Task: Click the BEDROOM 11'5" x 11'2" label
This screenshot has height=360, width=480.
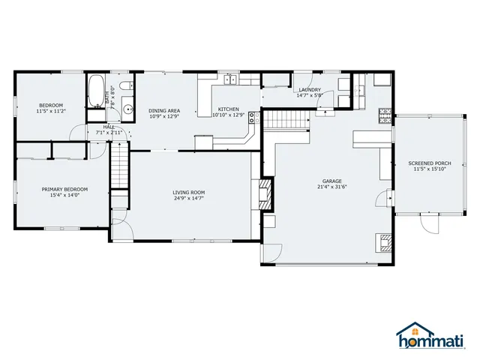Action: click(51, 108)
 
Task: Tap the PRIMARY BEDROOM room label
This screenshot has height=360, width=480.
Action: click(64, 192)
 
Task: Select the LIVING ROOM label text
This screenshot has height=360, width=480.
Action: click(188, 196)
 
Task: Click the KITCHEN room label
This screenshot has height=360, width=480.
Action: click(228, 112)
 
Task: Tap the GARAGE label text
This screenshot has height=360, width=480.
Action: click(332, 184)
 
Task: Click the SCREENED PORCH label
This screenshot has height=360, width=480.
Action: click(430, 166)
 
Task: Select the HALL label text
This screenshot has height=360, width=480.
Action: click(109, 130)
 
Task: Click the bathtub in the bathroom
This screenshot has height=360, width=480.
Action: click(95, 92)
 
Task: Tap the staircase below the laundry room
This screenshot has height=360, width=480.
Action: click(288, 118)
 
